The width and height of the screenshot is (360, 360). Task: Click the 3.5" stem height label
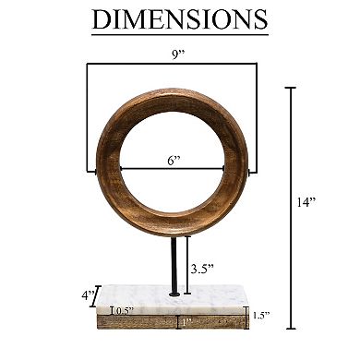tap(201, 269)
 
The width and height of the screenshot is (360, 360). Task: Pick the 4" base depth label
tap(87, 296)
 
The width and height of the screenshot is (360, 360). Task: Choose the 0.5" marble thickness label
tap(125, 310)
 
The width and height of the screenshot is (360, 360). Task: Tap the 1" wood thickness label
tap(185, 322)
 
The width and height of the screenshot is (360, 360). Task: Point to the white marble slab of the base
tap(175, 302)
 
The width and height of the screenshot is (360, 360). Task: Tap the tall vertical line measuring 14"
tap(292, 209)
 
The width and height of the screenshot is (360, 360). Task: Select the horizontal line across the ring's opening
tap(148, 170)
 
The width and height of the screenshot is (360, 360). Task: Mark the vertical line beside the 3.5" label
tap(187, 262)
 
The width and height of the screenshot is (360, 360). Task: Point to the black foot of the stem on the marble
tap(174, 294)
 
